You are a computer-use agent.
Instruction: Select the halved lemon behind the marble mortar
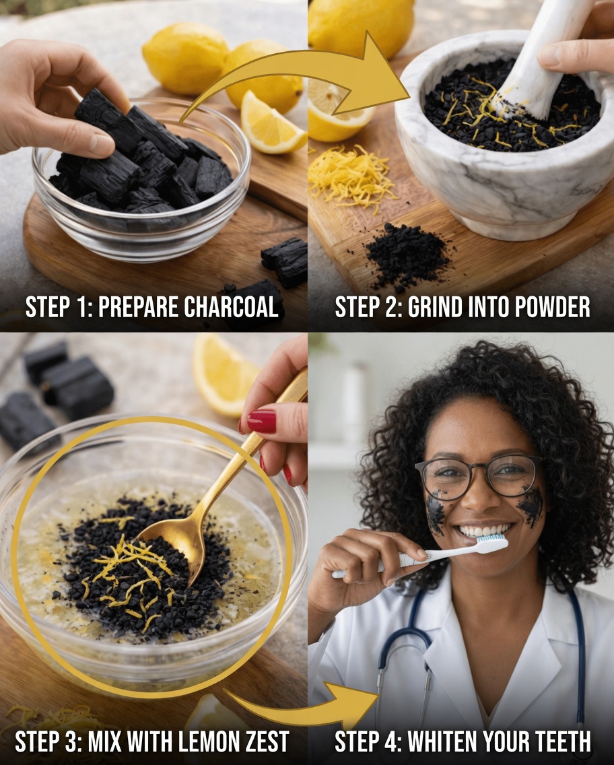[337, 108]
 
